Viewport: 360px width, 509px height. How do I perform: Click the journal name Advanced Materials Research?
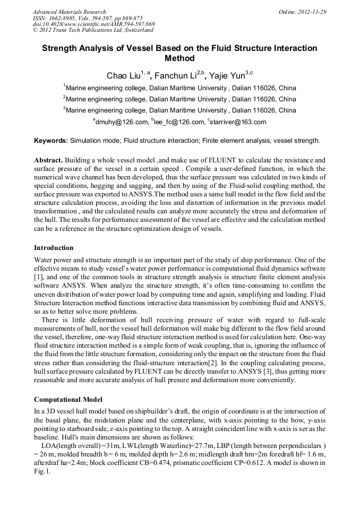pyautogui.click(x=69, y=12)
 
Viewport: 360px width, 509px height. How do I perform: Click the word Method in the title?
pyautogui.click(x=180, y=58)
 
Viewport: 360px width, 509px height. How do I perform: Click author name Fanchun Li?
pyautogui.click(x=177, y=75)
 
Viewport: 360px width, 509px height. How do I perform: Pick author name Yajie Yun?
pyautogui.click(x=227, y=75)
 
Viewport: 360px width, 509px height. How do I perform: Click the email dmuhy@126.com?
pyautogui.click(x=122, y=122)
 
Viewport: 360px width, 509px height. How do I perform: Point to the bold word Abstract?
pyautogui.click(x=49, y=160)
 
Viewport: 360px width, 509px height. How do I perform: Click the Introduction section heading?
pyautogui.click(x=54, y=248)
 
